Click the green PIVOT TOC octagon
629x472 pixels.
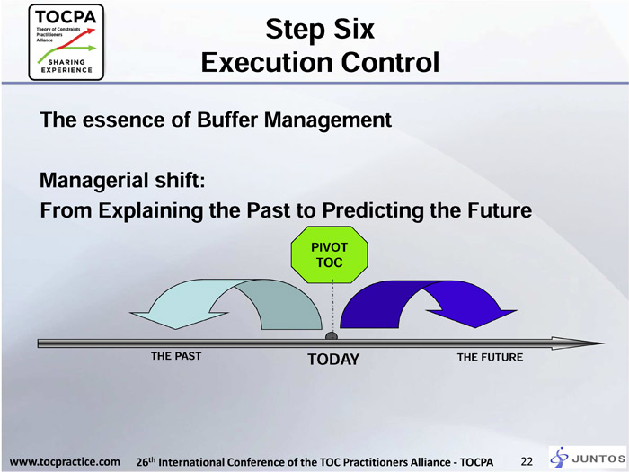330,254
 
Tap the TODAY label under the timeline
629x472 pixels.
333,360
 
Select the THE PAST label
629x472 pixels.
176,356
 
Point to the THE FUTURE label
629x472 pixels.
490,357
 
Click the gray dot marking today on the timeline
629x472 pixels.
331,336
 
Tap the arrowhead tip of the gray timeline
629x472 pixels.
603,343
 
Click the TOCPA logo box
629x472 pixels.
66,42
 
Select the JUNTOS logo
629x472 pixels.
588,458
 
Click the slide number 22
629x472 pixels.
527,461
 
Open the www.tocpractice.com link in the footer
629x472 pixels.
65,461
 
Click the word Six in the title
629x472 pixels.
353,29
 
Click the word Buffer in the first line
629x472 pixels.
227,120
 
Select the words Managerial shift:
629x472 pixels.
122,180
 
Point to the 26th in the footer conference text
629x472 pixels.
146,461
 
